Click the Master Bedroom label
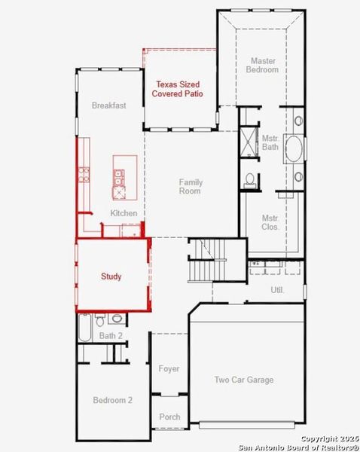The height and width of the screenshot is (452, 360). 262,65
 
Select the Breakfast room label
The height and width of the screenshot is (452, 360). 108,106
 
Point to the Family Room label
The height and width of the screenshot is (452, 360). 190,186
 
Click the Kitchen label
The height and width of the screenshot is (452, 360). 124,213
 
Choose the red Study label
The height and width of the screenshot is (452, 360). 111,276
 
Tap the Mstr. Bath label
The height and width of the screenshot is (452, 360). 270,142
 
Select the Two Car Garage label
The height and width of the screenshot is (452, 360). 243,380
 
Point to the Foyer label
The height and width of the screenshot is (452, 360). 169,369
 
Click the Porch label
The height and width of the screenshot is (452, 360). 169,417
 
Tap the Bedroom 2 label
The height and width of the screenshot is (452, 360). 113,400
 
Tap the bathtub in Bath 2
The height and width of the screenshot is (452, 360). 85,328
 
